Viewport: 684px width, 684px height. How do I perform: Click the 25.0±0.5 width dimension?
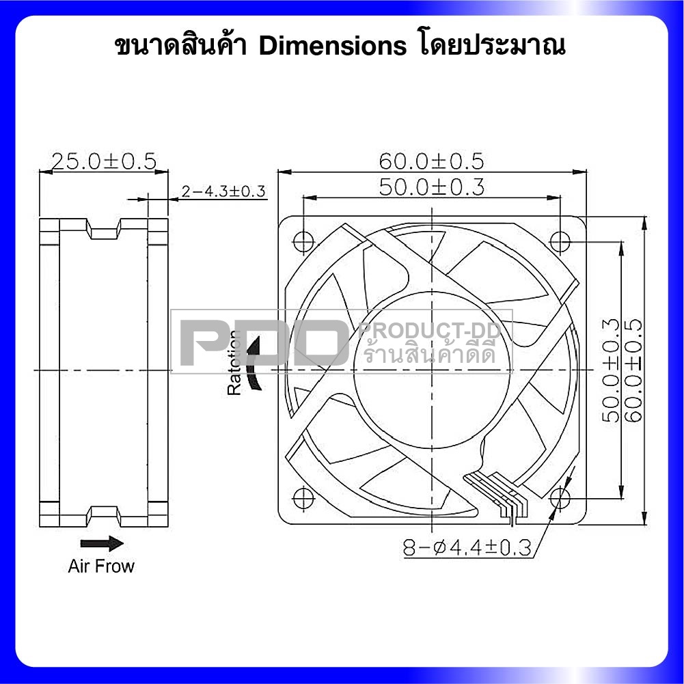(x=104, y=161)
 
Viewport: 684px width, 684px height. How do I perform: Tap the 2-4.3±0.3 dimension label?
(x=223, y=192)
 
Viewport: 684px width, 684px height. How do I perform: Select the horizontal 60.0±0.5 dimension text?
(x=431, y=161)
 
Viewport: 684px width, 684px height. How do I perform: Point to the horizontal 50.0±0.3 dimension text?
(x=431, y=187)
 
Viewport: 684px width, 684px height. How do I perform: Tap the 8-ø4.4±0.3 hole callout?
(x=467, y=547)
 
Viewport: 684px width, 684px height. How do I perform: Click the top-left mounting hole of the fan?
(x=303, y=241)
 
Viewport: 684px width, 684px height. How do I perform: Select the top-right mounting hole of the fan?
(x=561, y=241)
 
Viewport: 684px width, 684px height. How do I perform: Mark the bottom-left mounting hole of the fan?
(x=303, y=497)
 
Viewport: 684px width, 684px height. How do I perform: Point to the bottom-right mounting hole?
(x=561, y=497)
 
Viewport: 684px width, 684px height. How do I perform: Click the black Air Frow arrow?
(x=102, y=543)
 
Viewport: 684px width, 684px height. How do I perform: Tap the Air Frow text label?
(x=101, y=566)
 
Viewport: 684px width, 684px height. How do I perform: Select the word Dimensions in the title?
(x=333, y=46)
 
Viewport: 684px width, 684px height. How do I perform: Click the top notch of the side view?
(x=104, y=232)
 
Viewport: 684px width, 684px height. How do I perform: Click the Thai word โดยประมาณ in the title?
(x=490, y=46)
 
